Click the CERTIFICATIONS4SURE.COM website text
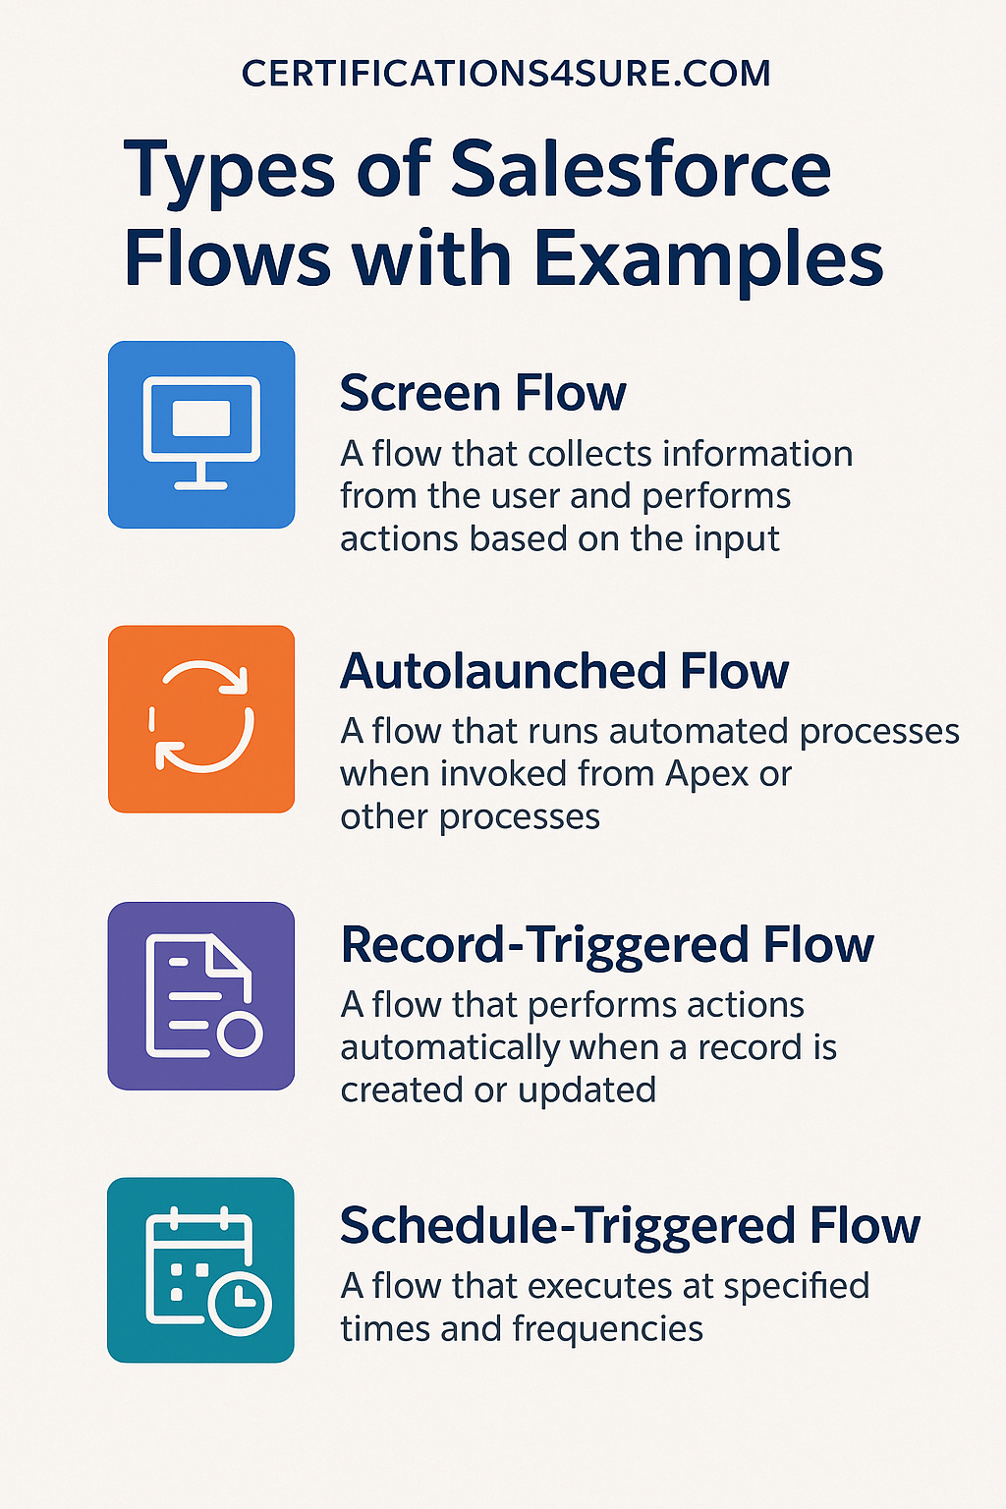click(x=505, y=74)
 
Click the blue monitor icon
click(x=201, y=434)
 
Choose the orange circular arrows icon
click(x=201, y=719)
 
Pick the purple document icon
click(x=201, y=995)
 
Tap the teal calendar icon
click(x=200, y=1270)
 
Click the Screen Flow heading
click(x=483, y=393)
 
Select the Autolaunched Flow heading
click(x=565, y=671)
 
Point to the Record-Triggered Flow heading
click(x=607, y=946)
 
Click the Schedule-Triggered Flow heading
click(x=630, y=1225)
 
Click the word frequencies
click(x=608, y=1329)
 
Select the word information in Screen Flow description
click(x=758, y=454)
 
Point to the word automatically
click(x=450, y=1048)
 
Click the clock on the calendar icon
click(x=239, y=1304)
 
